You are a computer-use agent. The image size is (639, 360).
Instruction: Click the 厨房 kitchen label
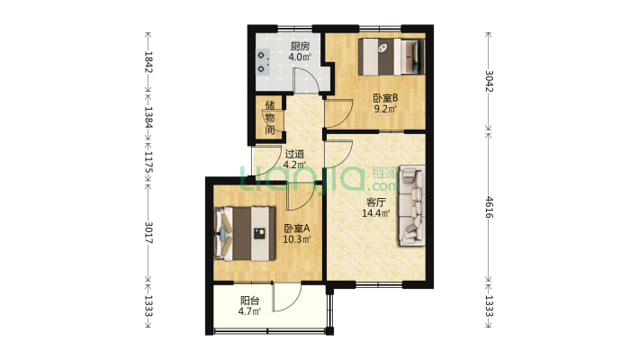(300, 46)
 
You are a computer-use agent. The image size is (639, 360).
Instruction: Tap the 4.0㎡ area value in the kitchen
(300, 57)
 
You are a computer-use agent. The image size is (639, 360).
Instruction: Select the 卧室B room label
(385, 98)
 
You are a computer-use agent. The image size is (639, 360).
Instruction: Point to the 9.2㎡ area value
(385, 109)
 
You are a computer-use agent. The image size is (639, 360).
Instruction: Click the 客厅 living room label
(376, 202)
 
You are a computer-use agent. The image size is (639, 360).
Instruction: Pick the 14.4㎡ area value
(376, 212)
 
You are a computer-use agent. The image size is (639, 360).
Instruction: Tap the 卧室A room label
(297, 229)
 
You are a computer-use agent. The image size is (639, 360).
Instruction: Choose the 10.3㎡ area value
(297, 239)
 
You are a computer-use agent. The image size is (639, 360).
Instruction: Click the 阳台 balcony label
(250, 301)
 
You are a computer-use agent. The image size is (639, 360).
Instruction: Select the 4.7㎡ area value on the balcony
(250, 312)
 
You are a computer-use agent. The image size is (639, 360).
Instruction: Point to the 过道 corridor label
(294, 154)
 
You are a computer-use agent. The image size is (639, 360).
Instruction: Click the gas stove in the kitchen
(264, 61)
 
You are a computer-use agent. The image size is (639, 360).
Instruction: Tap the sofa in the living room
(411, 205)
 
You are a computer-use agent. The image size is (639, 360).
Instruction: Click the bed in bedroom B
(391, 57)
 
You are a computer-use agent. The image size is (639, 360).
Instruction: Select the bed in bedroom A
(245, 234)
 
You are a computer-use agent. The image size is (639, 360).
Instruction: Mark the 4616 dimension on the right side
(489, 207)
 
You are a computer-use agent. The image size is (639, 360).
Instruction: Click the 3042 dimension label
(489, 81)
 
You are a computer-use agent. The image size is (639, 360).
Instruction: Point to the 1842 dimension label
(148, 62)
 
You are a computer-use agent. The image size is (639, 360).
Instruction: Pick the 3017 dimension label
(148, 232)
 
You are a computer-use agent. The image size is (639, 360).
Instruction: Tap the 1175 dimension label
(148, 162)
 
